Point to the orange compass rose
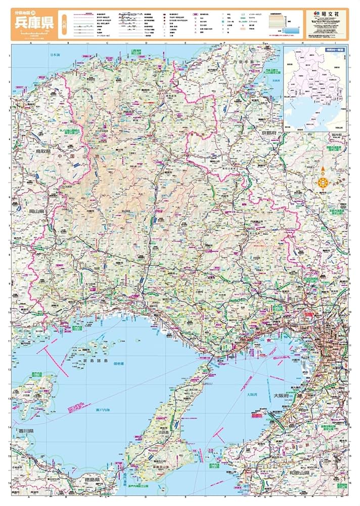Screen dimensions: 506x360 point(323,182)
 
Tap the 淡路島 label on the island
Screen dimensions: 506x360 point(167,433)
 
